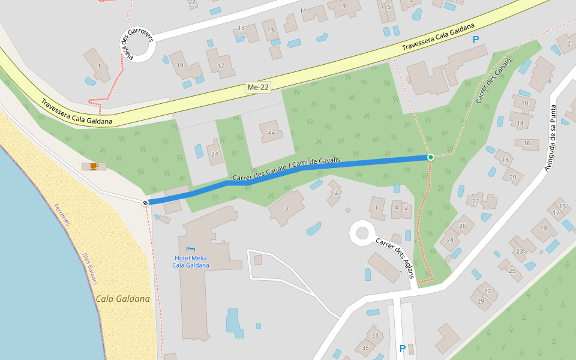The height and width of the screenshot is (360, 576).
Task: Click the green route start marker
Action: coord(430,157)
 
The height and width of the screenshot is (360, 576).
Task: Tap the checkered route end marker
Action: coord(145,203)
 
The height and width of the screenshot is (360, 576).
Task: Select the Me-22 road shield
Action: coord(258,88)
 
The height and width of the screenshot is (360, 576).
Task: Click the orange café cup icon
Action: coord(93,166)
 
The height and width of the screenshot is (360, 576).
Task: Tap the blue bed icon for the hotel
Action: coord(191,248)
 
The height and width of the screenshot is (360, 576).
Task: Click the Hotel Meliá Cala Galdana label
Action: coord(191,261)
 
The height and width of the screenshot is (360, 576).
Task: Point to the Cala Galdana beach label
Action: coord(122,298)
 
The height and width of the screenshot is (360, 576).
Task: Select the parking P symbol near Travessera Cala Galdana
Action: coord(476,40)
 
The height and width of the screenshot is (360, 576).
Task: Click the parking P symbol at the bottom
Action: coord(403,348)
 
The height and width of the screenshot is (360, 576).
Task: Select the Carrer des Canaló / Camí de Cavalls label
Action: coord(286,170)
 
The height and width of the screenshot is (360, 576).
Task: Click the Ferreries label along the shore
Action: coord(62,214)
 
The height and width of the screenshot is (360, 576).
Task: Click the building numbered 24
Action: coord(214,154)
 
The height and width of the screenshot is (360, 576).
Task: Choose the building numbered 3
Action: coord(286,208)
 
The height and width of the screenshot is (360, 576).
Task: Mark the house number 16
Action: coord(527,143)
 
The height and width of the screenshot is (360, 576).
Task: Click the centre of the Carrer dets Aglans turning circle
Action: coord(362,233)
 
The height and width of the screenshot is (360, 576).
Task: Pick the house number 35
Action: coord(365,347)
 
